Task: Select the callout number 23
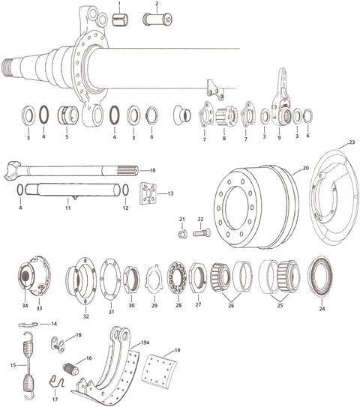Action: coord(352,142)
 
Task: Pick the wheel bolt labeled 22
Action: coord(202,233)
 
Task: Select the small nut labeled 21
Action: coord(182,234)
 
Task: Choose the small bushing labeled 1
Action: coord(120,19)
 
